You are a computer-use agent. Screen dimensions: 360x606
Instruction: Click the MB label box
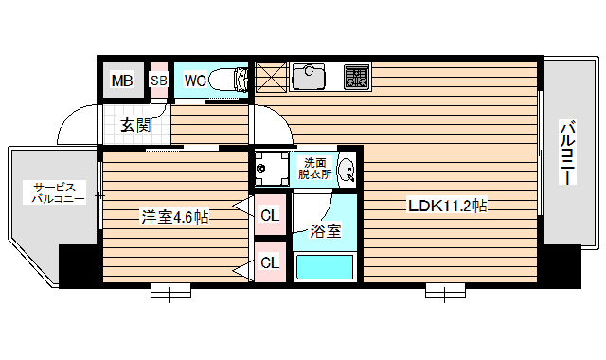(122, 81)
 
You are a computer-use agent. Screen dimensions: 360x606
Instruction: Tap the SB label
(159, 81)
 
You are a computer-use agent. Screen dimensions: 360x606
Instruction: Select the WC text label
(195, 81)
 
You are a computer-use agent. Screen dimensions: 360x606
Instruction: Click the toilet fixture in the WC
(228, 80)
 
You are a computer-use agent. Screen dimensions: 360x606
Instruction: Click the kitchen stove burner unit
(356, 75)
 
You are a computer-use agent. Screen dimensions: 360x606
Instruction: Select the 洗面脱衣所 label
(312, 168)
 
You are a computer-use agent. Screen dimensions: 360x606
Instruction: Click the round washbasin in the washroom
(347, 171)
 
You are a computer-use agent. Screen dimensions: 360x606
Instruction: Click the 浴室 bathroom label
(326, 229)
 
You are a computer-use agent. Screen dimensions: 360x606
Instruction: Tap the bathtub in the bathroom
(326, 265)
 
